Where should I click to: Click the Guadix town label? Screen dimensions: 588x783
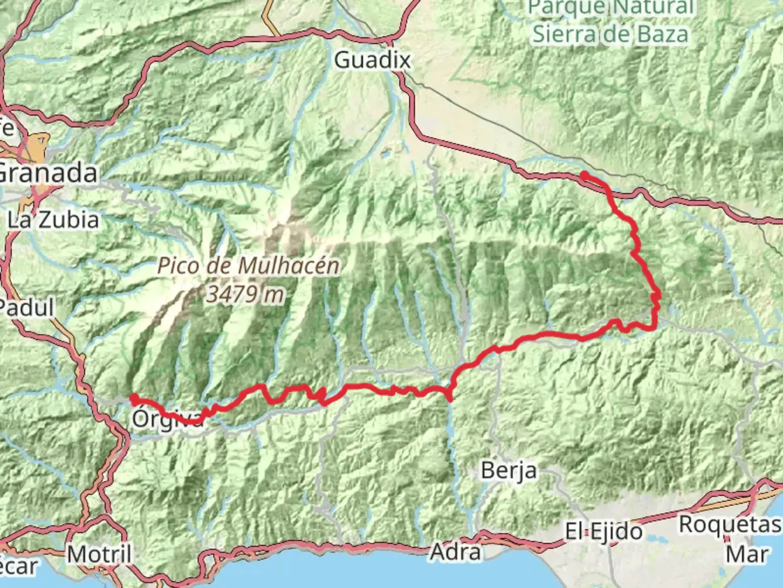372,60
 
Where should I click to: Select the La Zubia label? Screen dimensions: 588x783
53,220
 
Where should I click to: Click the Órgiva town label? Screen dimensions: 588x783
166,420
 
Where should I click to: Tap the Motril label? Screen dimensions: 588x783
100,554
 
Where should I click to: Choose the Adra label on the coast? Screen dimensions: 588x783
456,552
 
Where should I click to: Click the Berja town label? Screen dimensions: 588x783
509,470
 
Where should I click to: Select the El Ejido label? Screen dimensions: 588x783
604,531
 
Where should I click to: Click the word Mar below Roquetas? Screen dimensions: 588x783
748,554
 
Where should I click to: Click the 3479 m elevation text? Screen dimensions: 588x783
245,295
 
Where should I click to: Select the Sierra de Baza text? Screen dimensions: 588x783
610,34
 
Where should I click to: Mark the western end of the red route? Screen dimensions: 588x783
133,399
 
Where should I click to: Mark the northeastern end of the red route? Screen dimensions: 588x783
583,175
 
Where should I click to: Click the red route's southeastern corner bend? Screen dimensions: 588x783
654,327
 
